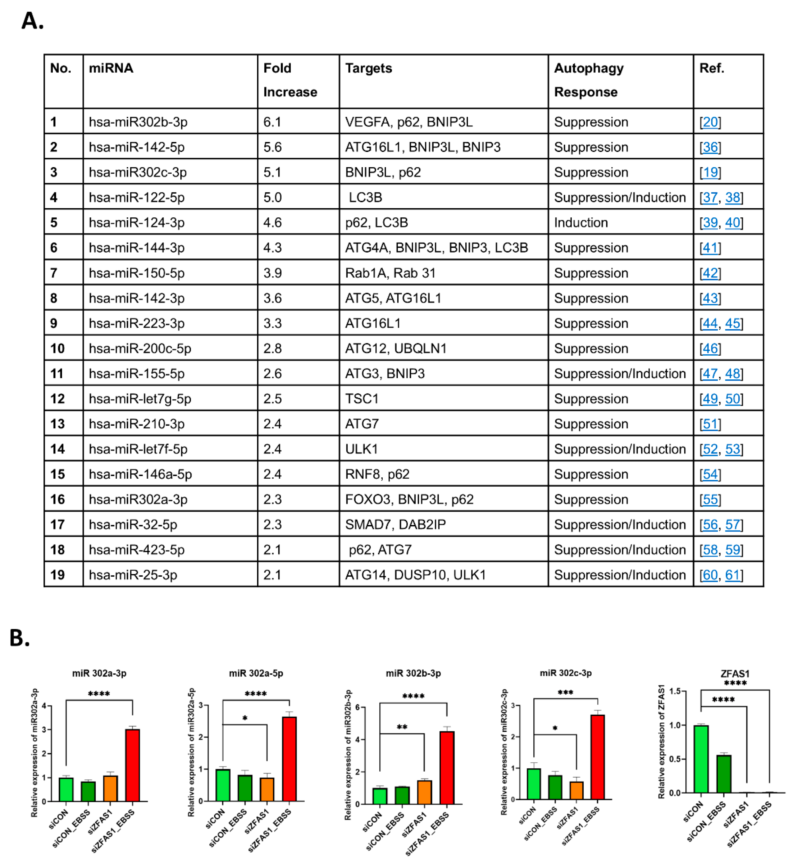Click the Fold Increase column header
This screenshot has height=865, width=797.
290,80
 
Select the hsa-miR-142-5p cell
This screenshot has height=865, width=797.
137,147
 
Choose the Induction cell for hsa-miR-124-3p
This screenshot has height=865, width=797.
581,223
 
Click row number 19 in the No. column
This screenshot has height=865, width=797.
57,575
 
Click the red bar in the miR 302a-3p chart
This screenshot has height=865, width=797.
132,765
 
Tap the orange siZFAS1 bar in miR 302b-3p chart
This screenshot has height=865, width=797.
424,792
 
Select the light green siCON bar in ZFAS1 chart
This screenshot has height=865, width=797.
701,759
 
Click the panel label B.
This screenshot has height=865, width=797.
19,638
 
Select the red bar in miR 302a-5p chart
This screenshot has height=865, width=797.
289,759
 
